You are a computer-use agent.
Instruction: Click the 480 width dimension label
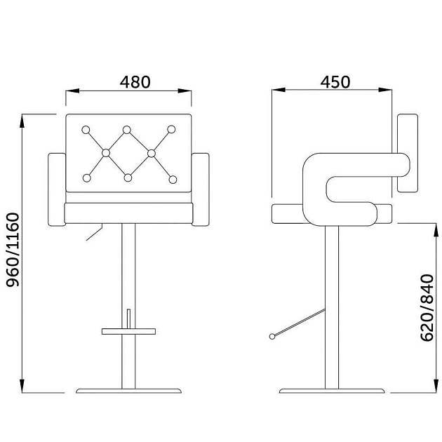tap(135, 82)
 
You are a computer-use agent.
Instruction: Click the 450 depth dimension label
tap(335, 82)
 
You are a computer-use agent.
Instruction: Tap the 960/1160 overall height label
tap(13, 250)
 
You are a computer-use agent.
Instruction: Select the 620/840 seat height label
tap(427, 308)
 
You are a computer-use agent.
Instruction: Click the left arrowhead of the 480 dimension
tap(72, 91)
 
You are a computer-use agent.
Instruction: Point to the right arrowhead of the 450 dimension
tap(385, 90)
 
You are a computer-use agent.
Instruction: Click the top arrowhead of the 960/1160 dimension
tap(22, 121)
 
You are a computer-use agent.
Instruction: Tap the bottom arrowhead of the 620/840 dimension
tap(436, 386)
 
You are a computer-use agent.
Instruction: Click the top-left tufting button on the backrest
tap(86, 130)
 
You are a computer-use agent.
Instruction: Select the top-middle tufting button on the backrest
tap(127, 130)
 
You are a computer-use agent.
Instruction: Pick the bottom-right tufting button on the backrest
tap(173, 180)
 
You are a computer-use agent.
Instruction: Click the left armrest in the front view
tap(57, 189)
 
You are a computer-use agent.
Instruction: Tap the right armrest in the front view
tap(201, 189)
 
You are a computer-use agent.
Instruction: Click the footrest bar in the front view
tap(128, 331)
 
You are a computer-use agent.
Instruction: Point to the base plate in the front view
tap(128, 391)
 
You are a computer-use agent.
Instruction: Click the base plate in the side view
tap(332, 391)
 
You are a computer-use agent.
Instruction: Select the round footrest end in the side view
tap(272, 336)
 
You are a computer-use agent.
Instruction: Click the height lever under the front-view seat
tap(95, 232)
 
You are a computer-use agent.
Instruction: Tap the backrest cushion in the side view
tap(408, 154)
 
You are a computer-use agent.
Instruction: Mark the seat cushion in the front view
tap(129, 213)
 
